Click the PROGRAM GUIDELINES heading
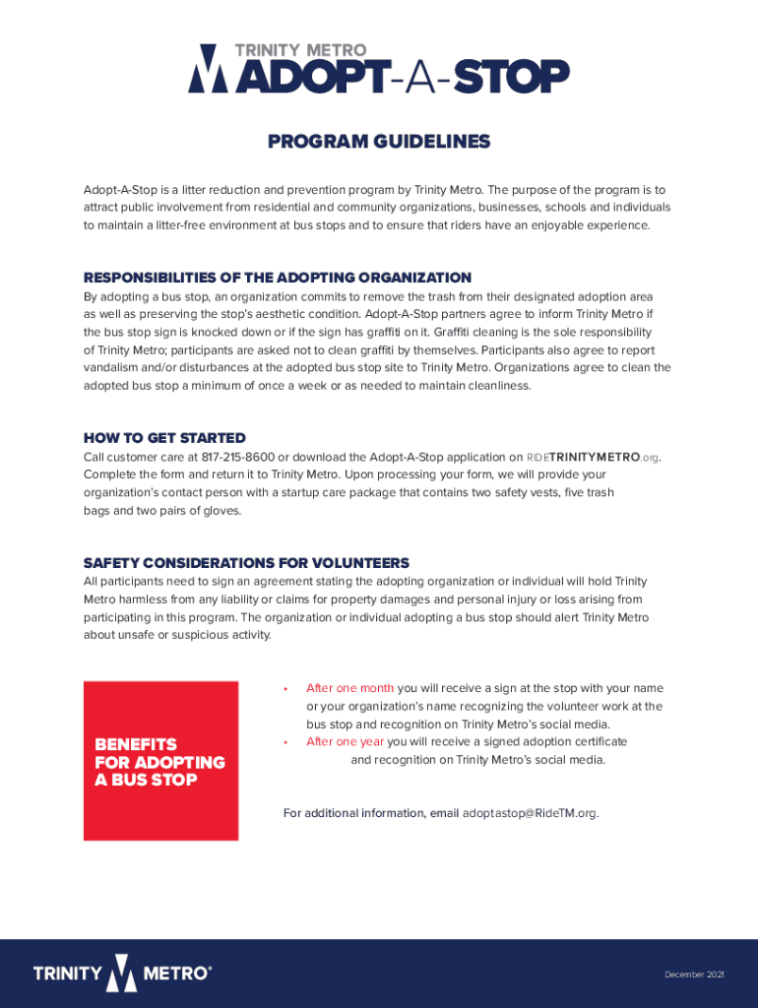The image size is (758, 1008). (x=378, y=142)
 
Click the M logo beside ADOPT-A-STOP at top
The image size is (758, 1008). (x=207, y=69)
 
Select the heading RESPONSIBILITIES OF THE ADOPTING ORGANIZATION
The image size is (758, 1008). (x=278, y=278)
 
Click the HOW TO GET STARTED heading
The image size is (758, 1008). (x=164, y=438)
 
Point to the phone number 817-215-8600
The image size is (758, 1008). (x=238, y=457)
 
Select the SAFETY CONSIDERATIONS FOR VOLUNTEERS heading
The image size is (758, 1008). (x=246, y=563)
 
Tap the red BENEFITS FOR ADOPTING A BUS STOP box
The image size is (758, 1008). (x=160, y=761)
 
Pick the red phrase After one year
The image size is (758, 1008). (x=345, y=741)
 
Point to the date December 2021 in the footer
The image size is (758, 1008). (x=694, y=975)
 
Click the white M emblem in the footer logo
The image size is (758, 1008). (x=122, y=974)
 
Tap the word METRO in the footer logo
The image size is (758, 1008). (x=176, y=975)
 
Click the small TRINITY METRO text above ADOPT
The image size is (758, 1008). (x=300, y=50)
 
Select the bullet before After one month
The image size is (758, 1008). (x=284, y=688)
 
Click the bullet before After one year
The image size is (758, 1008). (x=284, y=741)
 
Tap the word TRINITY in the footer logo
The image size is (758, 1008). (x=67, y=975)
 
